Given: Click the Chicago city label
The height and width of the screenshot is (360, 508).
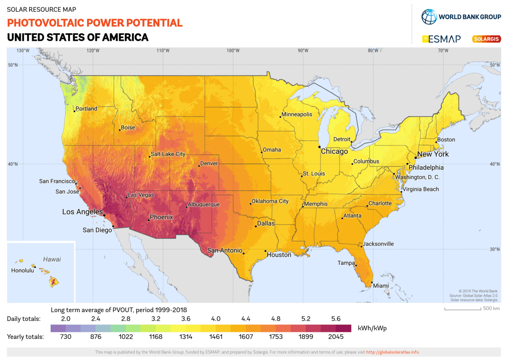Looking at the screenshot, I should coord(334,151).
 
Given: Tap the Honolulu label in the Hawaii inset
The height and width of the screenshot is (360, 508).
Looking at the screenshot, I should coord(22,270).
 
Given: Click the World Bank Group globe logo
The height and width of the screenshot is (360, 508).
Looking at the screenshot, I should coord(428,17).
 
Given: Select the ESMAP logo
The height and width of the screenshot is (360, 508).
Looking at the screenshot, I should coord(441,39).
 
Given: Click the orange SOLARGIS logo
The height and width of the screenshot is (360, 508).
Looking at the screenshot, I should coord(486,39).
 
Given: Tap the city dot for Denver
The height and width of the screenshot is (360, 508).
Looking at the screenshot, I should coord(199,165).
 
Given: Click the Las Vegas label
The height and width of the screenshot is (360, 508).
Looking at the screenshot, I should coord(141,195).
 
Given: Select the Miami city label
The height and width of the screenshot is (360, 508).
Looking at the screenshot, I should coord(381,286).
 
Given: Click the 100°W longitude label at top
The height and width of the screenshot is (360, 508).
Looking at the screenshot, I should coord(233,51).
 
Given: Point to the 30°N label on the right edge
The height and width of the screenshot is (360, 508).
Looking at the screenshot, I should coord(494,249).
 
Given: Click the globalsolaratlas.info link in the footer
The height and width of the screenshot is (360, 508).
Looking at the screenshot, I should coord(392,352).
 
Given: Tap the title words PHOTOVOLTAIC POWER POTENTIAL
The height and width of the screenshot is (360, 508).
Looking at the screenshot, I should coord(95,23).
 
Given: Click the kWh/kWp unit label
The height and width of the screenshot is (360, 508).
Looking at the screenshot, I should coord(372,328).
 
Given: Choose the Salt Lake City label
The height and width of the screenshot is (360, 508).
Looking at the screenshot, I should coord(168,154).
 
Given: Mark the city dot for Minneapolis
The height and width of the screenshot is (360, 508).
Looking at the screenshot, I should coord(280,117).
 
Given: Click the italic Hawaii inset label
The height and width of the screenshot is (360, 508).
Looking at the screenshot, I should coord(52,259).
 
